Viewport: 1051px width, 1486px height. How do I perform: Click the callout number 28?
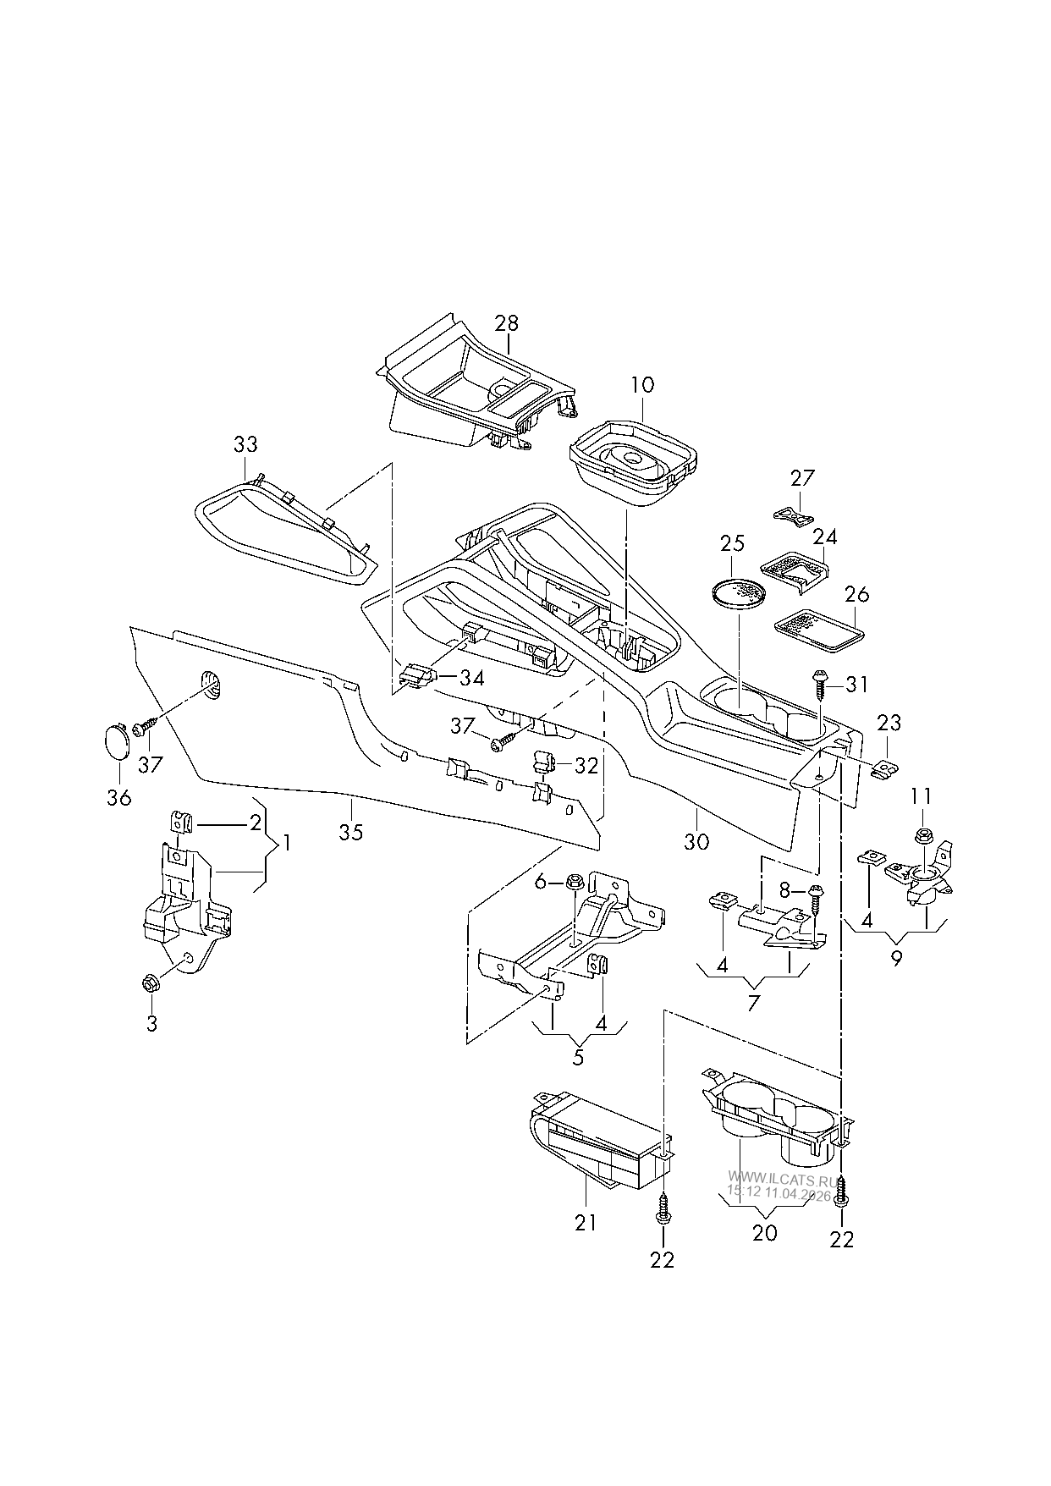507,323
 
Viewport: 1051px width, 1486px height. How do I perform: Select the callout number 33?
245,444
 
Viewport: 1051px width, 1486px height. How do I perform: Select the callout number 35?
351,832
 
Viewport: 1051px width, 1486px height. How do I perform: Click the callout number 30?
697,842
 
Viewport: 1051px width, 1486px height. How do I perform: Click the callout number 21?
586,1222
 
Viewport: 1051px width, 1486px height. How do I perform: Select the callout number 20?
764,1233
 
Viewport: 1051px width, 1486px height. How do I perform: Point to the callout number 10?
642,385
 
